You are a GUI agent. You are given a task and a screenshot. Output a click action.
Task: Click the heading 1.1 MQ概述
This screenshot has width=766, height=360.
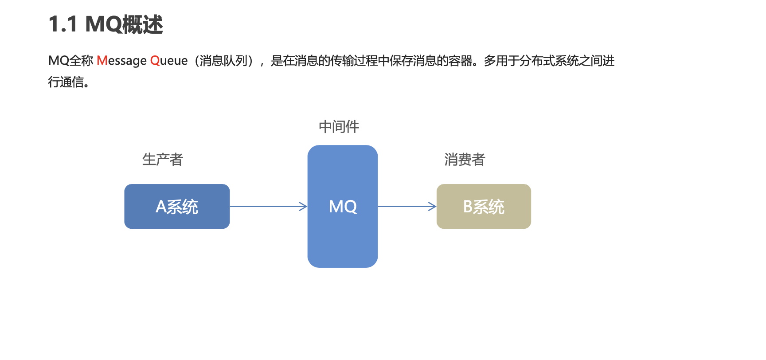(106, 24)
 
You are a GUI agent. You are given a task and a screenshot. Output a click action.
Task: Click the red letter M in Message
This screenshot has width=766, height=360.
(102, 60)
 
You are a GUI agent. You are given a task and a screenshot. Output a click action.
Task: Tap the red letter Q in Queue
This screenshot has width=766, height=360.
(155, 60)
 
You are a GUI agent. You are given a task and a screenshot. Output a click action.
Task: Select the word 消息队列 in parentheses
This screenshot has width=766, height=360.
(223, 60)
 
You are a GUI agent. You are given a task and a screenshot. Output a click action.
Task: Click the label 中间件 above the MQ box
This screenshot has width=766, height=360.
(339, 127)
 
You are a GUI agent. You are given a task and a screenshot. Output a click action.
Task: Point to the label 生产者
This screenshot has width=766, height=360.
(163, 160)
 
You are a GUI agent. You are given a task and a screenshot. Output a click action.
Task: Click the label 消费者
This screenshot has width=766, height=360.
(465, 160)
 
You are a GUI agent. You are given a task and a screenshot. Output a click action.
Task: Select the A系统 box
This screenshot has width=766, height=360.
(177, 207)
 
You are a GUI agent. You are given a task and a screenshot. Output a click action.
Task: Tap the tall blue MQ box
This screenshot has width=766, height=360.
(342, 239)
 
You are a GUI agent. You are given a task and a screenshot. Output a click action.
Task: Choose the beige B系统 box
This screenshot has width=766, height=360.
(484, 207)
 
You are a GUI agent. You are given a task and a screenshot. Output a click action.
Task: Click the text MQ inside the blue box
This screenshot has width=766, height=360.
(343, 207)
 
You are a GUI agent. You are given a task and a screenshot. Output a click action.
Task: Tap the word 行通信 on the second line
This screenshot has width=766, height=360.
(66, 82)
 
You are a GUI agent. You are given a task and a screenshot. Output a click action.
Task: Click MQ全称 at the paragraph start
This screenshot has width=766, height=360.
(71, 60)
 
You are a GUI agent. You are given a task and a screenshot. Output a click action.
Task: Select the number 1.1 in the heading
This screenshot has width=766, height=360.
(63, 24)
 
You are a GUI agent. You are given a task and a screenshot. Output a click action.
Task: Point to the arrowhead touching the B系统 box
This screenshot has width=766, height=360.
(433, 207)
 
